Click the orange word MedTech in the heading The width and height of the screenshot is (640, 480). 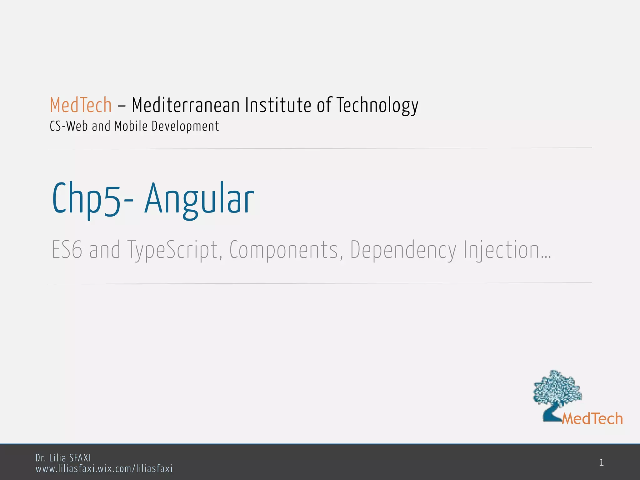tap(81, 105)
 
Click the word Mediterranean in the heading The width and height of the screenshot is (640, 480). tap(186, 105)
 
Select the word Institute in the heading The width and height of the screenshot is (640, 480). tap(278, 105)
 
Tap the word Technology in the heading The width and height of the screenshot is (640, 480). tap(377, 106)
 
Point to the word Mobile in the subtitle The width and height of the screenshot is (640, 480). tap(131, 126)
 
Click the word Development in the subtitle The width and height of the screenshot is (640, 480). tap(185, 126)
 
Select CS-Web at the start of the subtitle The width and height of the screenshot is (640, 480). tap(69, 126)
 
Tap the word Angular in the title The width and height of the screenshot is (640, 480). tap(199, 199)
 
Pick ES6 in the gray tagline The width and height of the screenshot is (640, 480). tap(67, 250)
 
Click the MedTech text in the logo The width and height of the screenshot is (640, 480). tap(592, 419)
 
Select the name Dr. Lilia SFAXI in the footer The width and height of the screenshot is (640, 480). tap(63, 458)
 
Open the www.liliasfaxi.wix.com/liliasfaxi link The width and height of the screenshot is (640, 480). tap(104, 469)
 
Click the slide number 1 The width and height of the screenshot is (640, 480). tap(601, 463)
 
